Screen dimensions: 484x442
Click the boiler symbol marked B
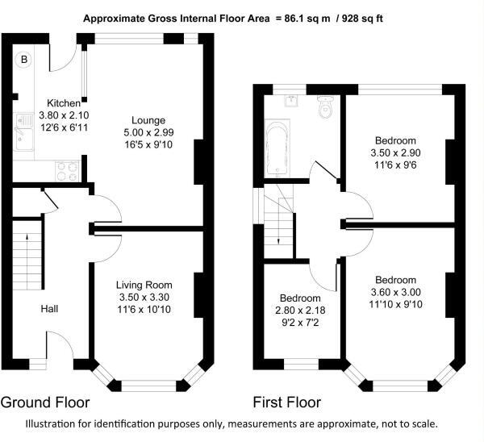coord(24,59)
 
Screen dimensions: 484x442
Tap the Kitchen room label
coord(64,102)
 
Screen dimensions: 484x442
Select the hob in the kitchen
coord(67,172)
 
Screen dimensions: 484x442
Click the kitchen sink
coord(23,131)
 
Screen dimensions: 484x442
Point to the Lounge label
coord(148,120)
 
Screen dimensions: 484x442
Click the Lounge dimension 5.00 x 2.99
coord(148,132)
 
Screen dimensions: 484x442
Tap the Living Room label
coord(144,285)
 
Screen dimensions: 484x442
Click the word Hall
coord(49,309)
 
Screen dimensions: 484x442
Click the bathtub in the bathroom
coord(277,148)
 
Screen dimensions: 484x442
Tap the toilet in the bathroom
coord(325,106)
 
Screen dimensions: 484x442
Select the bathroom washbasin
coord(291,101)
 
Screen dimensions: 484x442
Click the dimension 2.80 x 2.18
coord(300,311)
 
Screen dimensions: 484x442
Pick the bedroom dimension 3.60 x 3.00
coord(396,292)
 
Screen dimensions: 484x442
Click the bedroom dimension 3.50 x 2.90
coord(395,152)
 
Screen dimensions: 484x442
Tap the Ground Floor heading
coord(45,402)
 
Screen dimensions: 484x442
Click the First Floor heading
coord(287,402)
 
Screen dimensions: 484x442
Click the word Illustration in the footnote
coord(51,423)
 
